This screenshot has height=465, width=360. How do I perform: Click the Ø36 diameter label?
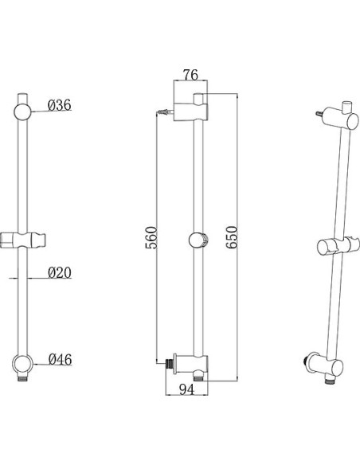pos(60,105)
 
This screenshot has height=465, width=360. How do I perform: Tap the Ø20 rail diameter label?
pos(60,272)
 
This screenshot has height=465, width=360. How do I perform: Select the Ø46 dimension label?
pos(61,359)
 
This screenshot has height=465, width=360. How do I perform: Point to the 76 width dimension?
pos(190,75)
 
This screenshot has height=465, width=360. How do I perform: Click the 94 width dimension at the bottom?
pos(187,389)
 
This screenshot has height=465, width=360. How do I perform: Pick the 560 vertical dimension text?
pos(151,237)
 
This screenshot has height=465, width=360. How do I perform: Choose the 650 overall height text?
pos(232,237)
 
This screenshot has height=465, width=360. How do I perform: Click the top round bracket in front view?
pos(22,111)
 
